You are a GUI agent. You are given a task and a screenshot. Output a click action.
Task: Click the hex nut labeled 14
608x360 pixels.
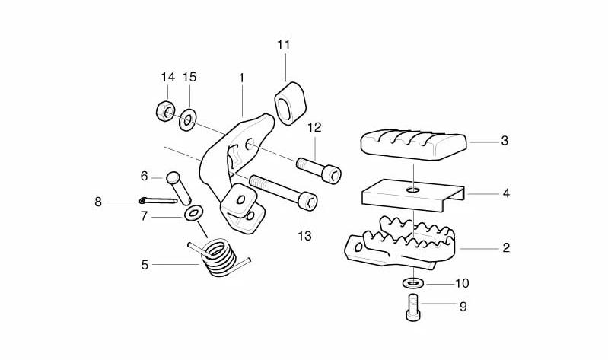(165, 111)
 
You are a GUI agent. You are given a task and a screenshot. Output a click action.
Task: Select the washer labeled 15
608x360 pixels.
(188, 119)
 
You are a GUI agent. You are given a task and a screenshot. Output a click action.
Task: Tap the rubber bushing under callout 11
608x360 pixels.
(291, 104)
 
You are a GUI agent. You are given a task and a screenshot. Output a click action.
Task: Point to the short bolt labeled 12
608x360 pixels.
(319, 170)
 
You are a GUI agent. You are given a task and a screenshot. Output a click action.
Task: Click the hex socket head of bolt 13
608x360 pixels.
(309, 202)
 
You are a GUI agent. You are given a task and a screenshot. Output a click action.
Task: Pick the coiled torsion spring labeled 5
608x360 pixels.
(219, 257)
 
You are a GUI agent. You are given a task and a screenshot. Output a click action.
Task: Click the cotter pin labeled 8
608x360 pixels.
(158, 201)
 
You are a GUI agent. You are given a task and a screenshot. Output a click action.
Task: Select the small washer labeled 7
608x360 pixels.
(193, 214)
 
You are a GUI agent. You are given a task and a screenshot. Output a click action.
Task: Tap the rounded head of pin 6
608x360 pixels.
(173, 177)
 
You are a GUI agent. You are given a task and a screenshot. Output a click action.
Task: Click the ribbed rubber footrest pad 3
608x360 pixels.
(413, 145)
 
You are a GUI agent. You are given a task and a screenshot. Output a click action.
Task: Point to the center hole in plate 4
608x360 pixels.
(414, 190)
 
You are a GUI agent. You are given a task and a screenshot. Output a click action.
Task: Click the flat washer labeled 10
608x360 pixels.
(413, 283)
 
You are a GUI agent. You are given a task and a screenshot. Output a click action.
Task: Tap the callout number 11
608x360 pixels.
(283, 45)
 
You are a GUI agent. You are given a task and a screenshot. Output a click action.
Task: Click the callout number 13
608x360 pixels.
(305, 236)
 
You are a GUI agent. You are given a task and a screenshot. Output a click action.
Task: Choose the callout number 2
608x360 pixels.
(506, 248)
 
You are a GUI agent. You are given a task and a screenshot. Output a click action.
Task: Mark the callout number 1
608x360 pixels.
(241, 78)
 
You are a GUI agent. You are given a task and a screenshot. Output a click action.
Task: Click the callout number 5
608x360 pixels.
(145, 266)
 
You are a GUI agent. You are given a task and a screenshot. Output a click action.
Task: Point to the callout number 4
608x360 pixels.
(506, 193)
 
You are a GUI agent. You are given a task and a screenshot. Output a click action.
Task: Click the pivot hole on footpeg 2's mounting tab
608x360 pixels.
(358, 247)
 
